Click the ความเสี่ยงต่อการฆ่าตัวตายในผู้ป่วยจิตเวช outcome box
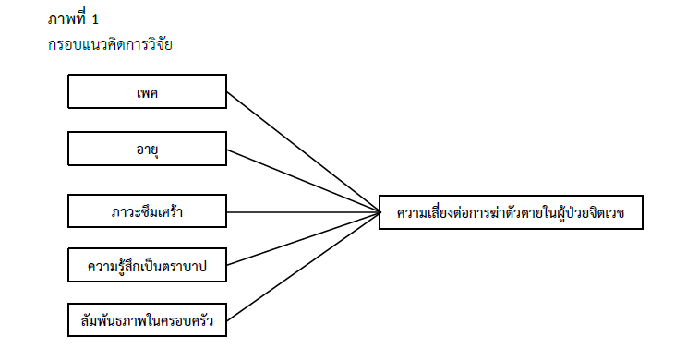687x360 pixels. point(510,213)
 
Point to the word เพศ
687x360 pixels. point(147,92)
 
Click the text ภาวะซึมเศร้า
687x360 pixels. point(147,213)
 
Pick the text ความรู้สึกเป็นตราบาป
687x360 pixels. point(147,267)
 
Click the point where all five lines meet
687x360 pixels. point(380,213)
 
